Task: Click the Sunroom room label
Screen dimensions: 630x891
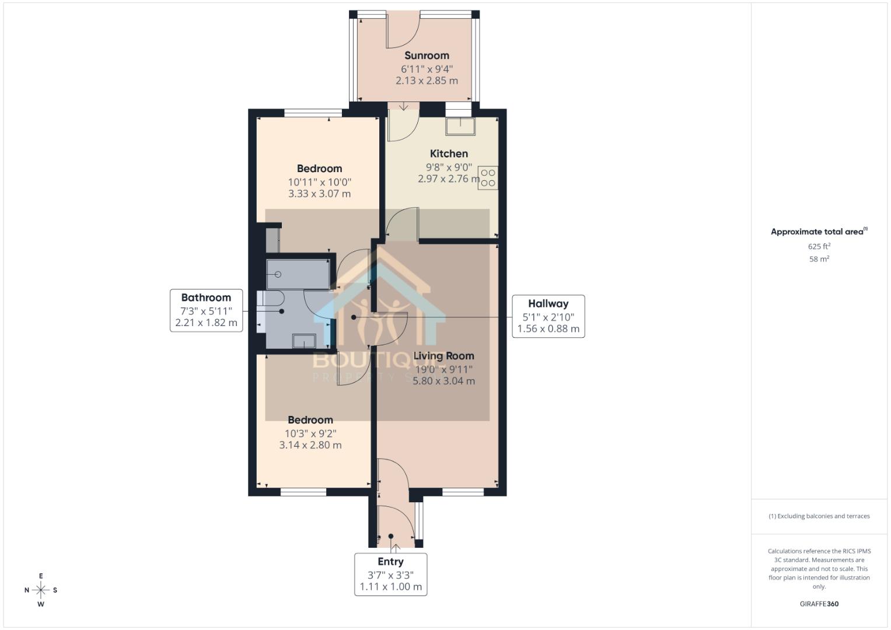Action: pos(427,55)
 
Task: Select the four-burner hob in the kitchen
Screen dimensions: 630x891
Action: pos(488,178)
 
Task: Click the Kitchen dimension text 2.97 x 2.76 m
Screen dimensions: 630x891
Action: pos(448,179)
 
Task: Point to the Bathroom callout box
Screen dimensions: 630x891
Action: pos(206,310)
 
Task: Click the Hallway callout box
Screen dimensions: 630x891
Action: pos(548,316)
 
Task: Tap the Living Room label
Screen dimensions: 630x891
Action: pos(443,356)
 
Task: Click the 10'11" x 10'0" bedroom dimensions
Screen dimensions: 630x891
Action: pos(319,182)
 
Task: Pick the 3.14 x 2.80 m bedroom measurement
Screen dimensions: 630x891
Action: pos(310,445)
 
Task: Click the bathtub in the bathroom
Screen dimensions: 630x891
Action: pos(298,274)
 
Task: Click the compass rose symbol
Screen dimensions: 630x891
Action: pos(41,590)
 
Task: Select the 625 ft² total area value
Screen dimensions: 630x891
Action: pos(819,246)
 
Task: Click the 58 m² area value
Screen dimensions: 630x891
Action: pos(819,259)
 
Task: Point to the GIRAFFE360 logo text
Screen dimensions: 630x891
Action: pos(819,604)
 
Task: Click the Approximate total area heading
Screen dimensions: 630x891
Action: pos(818,232)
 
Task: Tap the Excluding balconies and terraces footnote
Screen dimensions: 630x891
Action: pos(819,516)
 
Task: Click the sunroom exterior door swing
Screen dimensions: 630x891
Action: pos(401,32)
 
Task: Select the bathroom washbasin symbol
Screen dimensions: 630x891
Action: pos(304,341)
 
